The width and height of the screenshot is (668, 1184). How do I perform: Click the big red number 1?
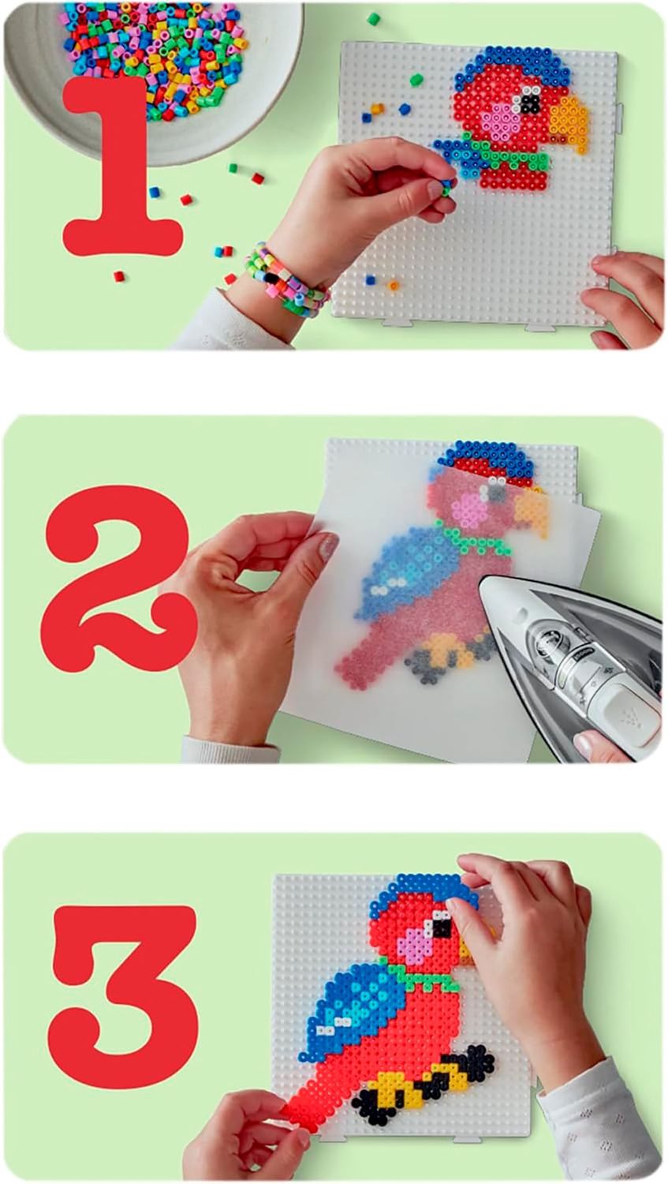coord(122,174)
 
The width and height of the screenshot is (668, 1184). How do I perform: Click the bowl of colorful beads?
coord(153,69)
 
